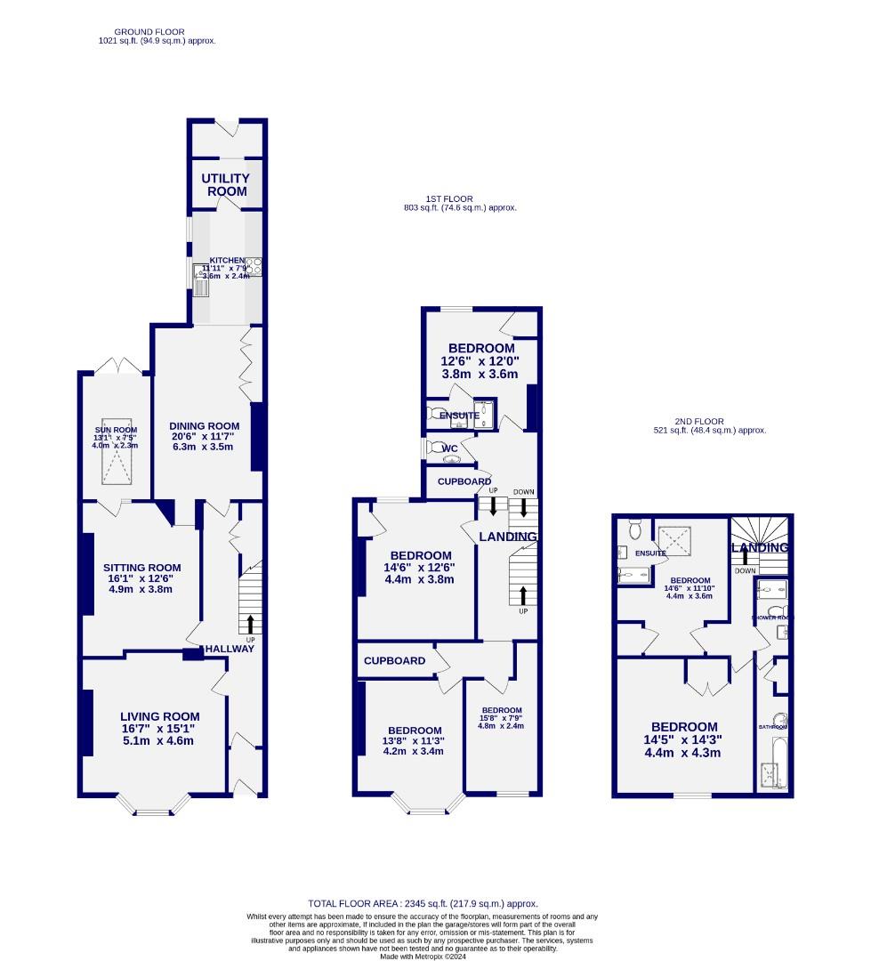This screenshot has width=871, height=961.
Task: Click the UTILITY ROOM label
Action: [x=225, y=185]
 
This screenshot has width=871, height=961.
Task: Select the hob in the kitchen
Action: [x=254, y=265]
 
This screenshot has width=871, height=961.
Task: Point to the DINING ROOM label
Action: [x=205, y=425]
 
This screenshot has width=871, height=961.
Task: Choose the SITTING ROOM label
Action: [x=141, y=568]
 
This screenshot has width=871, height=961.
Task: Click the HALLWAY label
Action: [x=230, y=649]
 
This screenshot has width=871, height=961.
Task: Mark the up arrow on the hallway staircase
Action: [x=250, y=622]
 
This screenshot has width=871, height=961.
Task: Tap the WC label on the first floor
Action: [x=450, y=448]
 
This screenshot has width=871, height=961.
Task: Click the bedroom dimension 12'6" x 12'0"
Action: [x=480, y=361]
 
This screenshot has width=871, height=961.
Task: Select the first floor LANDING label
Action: [x=508, y=537]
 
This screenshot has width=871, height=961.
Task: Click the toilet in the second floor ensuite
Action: [x=634, y=529]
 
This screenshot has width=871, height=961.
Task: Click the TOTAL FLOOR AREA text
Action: [x=423, y=903]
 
